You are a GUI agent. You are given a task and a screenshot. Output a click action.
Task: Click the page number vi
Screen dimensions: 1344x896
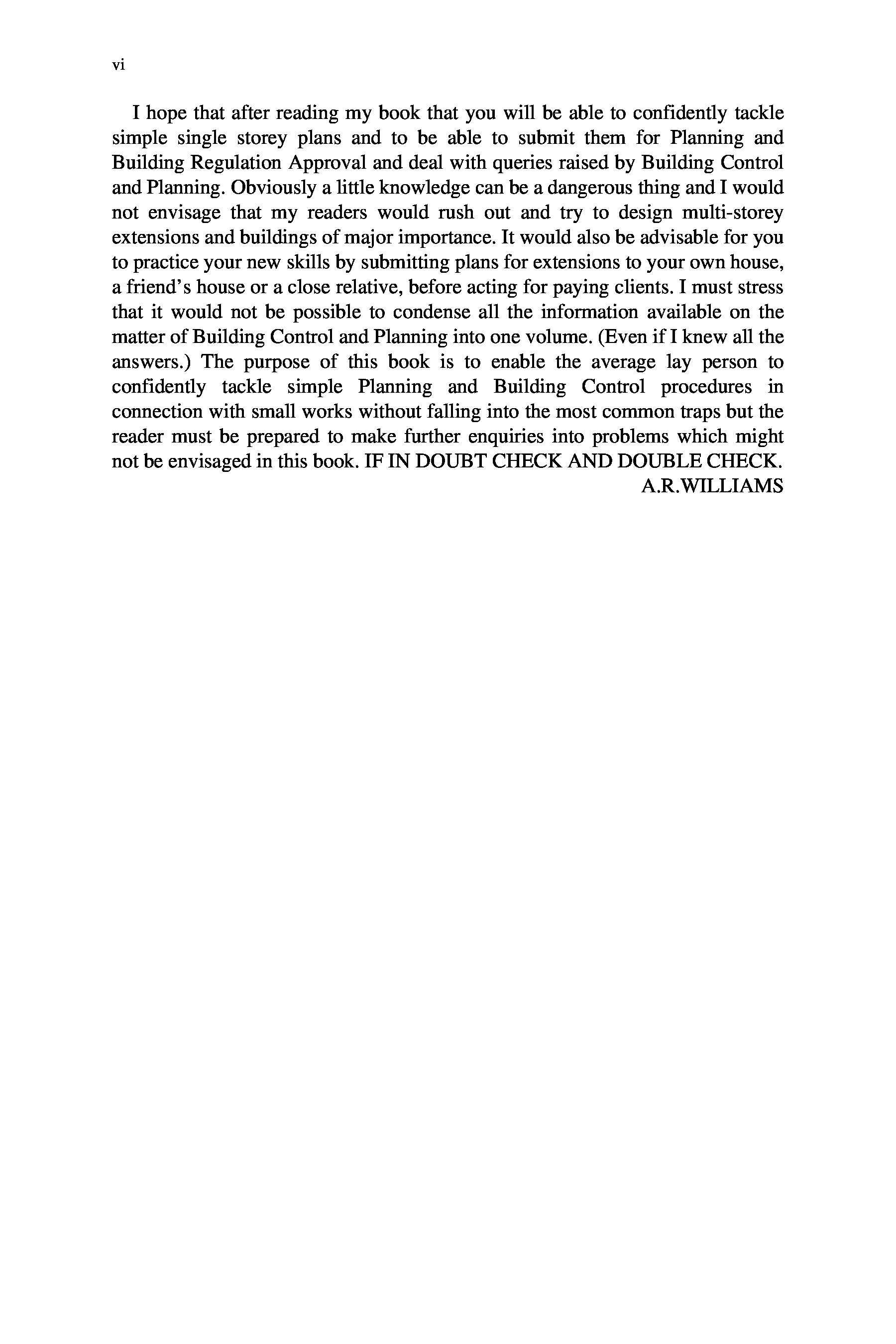click(118, 66)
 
